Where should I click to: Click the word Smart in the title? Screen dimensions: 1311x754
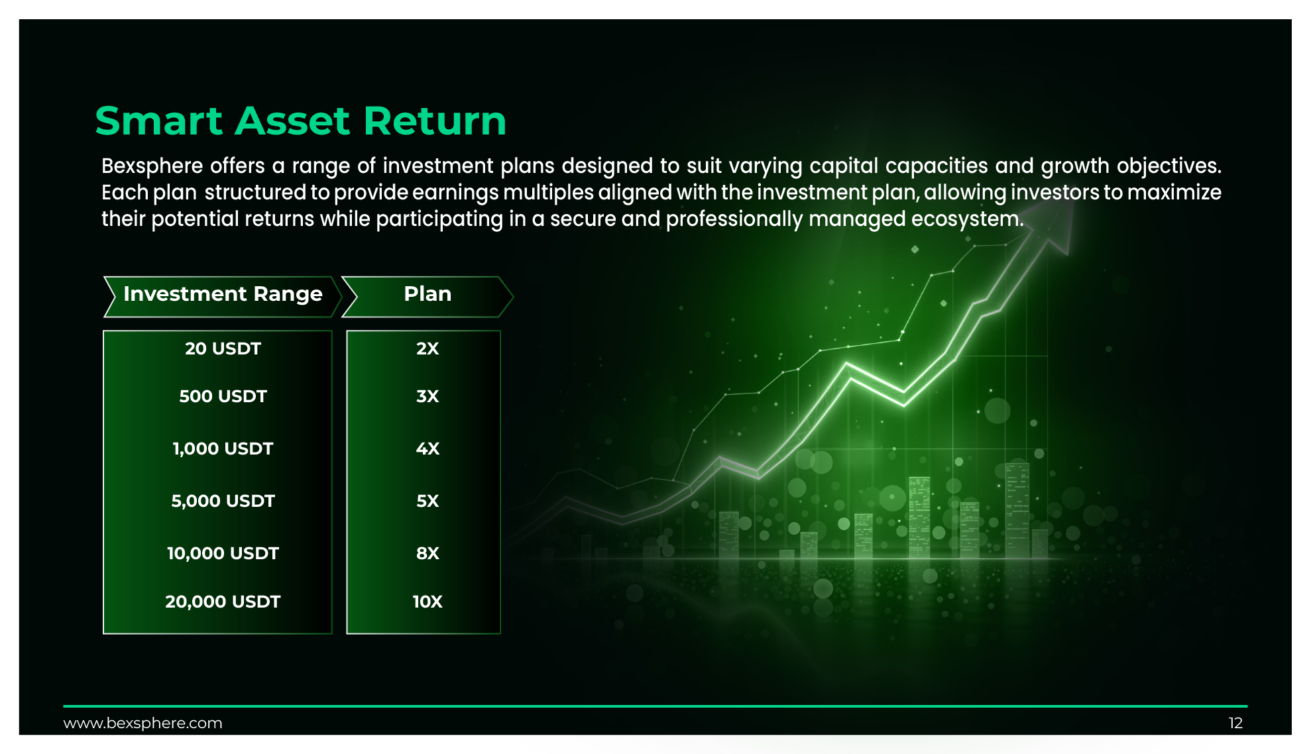tap(159, 121)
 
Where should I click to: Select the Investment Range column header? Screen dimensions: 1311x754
tap(223, 294)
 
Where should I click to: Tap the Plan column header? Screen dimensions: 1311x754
tap(427, 294)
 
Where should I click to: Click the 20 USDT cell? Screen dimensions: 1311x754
tap(223, 349)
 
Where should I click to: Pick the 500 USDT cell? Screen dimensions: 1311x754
tap(223, 396)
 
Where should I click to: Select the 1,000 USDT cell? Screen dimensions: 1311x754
tap(223, 449)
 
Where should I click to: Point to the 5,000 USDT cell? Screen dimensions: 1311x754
tap(223, 501)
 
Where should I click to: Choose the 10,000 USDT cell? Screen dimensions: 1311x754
tap(223, 553)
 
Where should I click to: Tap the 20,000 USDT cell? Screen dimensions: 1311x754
tap(223, 602)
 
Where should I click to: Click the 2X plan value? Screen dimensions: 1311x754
tap(427, 349)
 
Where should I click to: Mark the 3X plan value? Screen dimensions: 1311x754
tap(427, 396)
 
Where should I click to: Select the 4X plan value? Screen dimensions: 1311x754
tap(427, 449)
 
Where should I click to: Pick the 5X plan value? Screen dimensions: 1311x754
tap(427, 501)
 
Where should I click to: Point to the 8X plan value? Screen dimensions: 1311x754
tap(427, 553)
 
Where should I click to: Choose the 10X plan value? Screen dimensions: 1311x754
tap(427, 602)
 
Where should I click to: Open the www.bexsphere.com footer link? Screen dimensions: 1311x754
tap(142, 723)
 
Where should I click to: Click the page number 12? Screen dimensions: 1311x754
tap(1235, 723)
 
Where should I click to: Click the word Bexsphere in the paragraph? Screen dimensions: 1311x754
tap(152, 166)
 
